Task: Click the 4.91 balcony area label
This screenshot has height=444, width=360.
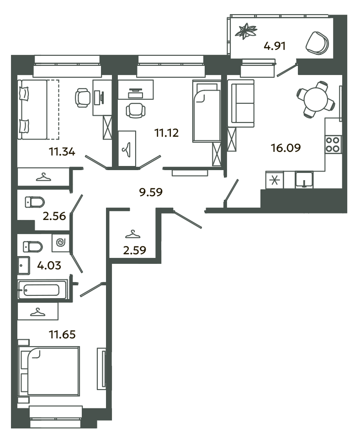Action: tap(274, 46)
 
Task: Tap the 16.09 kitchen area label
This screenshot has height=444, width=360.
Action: tap(286, 148)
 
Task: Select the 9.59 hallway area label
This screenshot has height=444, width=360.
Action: tap(151, 192)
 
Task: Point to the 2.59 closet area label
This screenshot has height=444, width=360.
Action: tap(135, 250)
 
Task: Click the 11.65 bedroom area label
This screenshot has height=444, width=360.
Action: tap(62, 334)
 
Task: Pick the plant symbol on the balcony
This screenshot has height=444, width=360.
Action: tap(246, 31)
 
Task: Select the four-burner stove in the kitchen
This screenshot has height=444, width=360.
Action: tap(333, 144)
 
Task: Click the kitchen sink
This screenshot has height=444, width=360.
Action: tap(304, 180)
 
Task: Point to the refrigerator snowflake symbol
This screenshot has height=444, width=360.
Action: tap(274, 180)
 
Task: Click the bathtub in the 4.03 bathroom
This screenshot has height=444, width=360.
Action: tap(42, 289)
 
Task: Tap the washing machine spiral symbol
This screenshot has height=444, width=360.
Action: tap(61, 242)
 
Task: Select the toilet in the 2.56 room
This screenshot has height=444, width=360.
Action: tap(35, 202)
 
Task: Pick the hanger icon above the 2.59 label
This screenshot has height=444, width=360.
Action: tap(132, 235)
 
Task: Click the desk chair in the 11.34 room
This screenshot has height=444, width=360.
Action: tap(83, 98)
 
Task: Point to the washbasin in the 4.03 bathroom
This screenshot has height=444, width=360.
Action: tap(23, 266)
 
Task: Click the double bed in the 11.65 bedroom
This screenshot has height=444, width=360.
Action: tap(48, 371)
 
